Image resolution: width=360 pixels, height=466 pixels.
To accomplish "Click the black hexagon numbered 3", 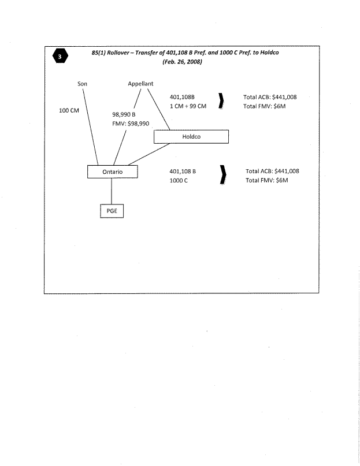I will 61,56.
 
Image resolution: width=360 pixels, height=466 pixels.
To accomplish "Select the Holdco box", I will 191,137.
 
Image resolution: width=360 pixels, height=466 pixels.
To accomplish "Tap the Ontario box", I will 113,172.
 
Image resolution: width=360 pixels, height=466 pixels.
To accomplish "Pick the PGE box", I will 112,211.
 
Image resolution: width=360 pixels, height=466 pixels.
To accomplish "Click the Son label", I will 82,84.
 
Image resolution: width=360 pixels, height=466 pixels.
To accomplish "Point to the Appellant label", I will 140,84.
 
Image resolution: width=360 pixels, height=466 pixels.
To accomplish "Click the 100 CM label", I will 69,110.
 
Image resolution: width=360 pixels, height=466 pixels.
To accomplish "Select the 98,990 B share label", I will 124,114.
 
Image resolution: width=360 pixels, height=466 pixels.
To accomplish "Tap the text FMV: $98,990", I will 131,124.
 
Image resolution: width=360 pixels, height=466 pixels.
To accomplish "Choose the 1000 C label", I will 179,181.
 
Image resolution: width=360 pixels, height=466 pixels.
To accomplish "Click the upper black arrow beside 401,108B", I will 222,101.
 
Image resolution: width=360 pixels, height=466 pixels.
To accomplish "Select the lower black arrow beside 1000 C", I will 222,176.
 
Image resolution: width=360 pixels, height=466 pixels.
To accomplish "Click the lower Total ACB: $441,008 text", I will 272,171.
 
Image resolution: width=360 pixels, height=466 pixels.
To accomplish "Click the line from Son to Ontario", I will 91,127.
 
